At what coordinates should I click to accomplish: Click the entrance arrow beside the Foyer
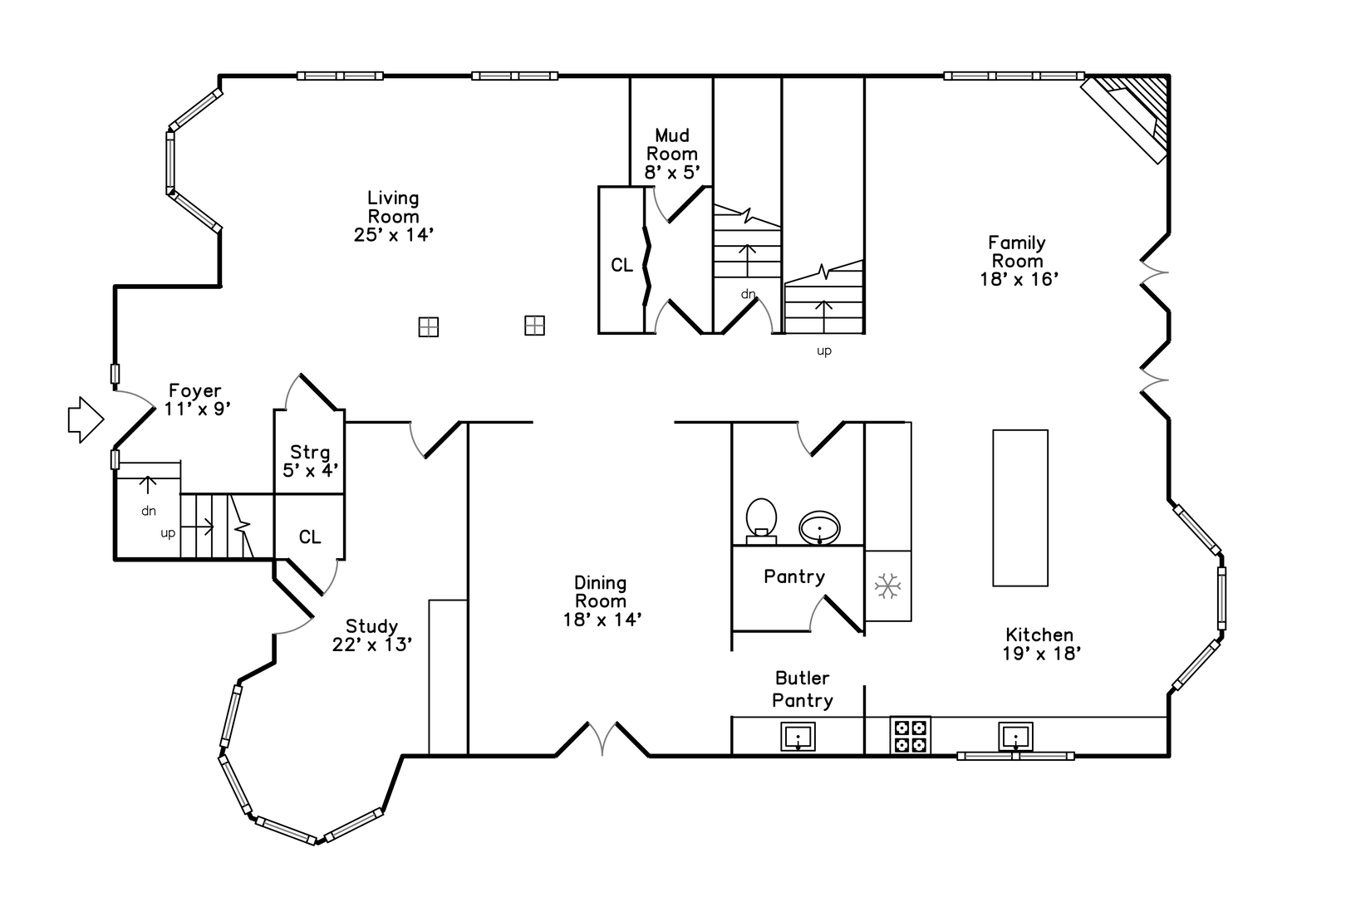86,419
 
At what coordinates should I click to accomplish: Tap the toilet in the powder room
761,521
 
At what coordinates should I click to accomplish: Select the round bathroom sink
819,528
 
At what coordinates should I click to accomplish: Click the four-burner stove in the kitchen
910,736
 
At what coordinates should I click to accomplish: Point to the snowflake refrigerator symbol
887,586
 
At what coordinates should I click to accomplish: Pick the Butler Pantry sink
798,737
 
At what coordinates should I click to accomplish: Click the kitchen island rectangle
1020,507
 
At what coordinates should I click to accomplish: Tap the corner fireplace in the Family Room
1127,117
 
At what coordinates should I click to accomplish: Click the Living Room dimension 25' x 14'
394,235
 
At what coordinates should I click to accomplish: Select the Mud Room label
672,145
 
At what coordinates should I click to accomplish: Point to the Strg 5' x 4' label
310,461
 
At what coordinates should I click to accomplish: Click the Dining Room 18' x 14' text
602,600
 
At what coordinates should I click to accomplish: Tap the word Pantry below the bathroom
794,576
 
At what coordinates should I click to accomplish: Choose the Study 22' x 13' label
372,635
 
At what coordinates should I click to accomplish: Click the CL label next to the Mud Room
621,265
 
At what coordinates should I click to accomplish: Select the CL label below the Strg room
310,537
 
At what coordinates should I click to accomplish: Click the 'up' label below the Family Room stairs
824,351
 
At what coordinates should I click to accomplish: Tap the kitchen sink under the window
1016,737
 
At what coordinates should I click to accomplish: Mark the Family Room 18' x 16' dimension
1019,279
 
